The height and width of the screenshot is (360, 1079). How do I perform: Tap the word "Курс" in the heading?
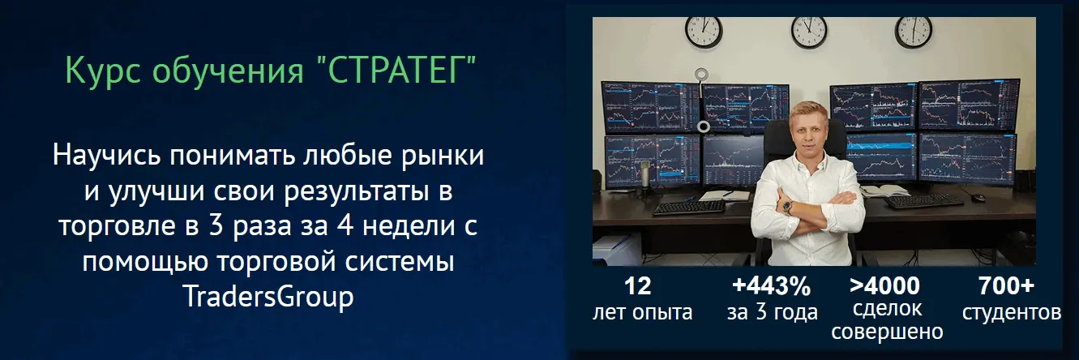coord(103,71)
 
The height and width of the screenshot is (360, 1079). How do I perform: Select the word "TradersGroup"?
coord(268,297)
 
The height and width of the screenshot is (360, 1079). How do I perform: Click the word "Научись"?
coord(107,155)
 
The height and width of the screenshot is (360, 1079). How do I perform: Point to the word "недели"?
coord(409,226)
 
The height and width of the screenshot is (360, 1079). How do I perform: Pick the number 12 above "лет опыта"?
coord(638,286)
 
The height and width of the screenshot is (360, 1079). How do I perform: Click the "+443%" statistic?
coord(771,286)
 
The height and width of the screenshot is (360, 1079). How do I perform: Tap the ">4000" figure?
coord(885,285)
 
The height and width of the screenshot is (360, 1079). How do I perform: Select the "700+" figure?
coord(1006,286)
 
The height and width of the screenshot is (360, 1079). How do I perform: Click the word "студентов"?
coord(1012,313)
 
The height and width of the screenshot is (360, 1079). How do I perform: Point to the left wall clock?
coord(704,32)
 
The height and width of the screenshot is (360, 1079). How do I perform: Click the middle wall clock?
coord(809,32)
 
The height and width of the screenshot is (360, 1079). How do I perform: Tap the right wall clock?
coord(914,32)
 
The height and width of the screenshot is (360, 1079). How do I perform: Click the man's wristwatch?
coord(786,207)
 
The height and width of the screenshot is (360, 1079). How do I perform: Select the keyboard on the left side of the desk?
coord(689,207)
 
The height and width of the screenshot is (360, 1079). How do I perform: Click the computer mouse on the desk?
coord(978,197)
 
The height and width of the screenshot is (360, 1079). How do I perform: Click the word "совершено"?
coord(887,332)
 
